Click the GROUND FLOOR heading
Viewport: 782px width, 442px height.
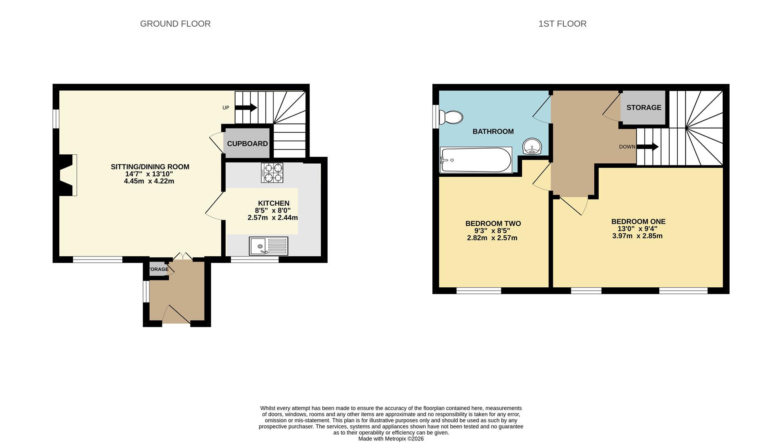pyautogui.click(x=175, y=24)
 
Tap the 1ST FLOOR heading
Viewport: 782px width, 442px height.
pyautogui.click(x=562, y=24)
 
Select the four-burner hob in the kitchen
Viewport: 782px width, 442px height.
pyautogui.click(x=272, y=173)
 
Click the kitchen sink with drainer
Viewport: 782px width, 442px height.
pyautogui.click(x=268, y=246)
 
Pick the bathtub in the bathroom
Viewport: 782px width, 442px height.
pyautogui.click(x=476, y=160)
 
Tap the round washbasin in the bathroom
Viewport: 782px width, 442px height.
pyautogui.click(x=532, y=146)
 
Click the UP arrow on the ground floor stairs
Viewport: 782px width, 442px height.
pyautogui.click(x=245, y=108)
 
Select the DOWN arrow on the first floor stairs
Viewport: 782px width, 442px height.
pyautogui.click(x=647, y=147)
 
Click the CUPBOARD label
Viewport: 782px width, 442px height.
pyautogui.click(x=247, y=144)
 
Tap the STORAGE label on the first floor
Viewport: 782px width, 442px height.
pyautogui.click(x=644, y=108)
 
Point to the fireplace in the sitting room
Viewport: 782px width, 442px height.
pyautogui.click(x=68, y=175)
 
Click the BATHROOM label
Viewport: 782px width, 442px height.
pyautogui.click(x=493, y=131)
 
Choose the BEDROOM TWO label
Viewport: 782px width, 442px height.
pyautogui.click(x=493, y=223)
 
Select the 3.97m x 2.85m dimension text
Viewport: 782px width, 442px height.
pyautogui.click(x=637, y=236)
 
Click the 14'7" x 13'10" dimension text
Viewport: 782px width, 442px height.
pyautogui.click(x=149, y=174)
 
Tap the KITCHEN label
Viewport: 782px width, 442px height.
pyautogui.click(x=274, y=203)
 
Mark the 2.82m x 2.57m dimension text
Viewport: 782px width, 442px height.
pyautogui.click(x=492, y=238)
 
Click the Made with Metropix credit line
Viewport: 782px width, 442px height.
pyautogui.click(x=391, y=439)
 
